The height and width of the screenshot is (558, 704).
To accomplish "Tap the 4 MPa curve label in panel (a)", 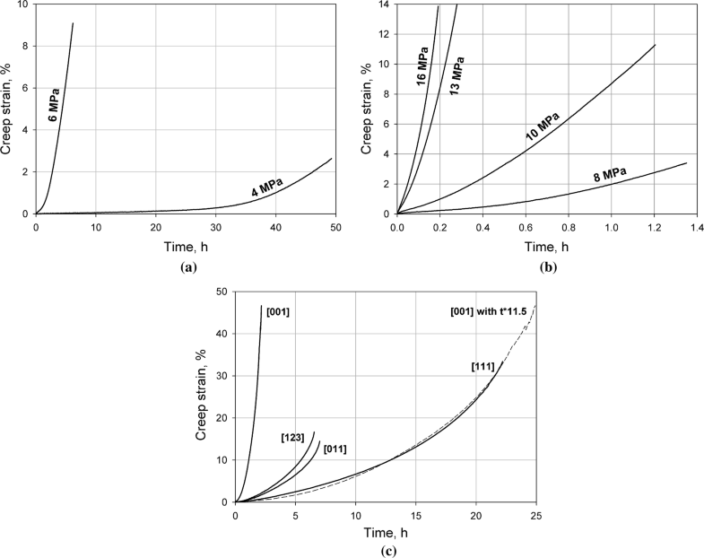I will [267, 187].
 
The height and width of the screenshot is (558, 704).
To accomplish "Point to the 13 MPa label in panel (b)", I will [455, 78].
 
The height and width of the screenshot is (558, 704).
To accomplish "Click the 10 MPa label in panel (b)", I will [543, 127].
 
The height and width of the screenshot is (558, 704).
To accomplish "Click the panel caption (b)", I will [544, 266].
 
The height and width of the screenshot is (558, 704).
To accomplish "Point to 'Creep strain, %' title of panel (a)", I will [8, 108].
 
